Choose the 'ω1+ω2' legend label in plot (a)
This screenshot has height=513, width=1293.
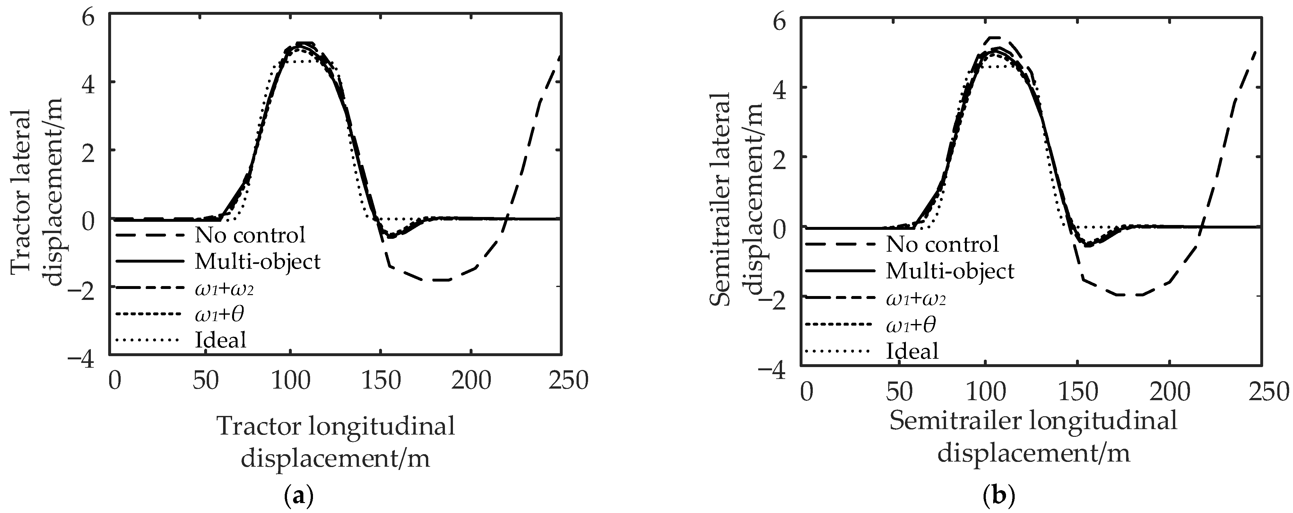[220, 288]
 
